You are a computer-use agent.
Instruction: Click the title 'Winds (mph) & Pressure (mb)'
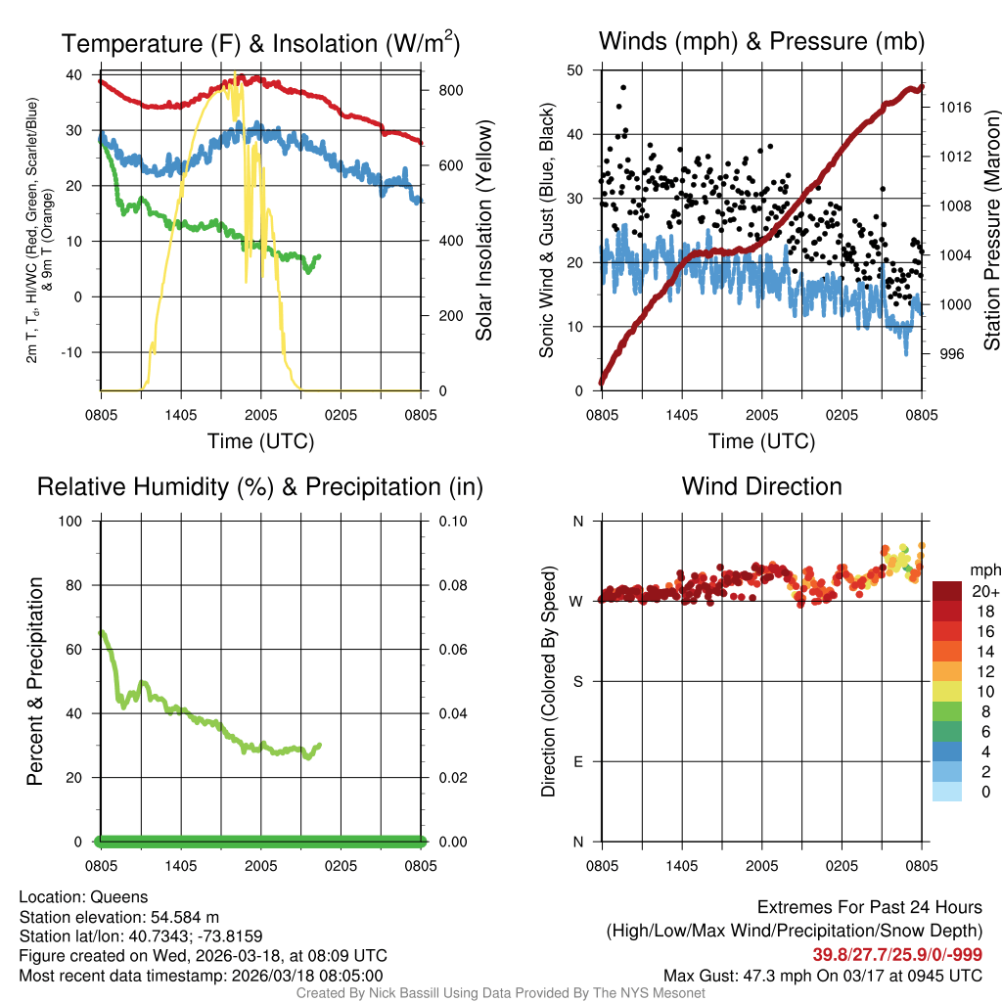tap(761, 41)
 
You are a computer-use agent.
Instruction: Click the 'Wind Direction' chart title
tap(761, 486)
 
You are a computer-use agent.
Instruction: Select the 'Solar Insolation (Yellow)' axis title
tap(483, 231)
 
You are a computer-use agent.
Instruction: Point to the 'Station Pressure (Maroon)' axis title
tap(990, 231)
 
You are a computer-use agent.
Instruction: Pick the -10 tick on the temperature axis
tap(76, 352)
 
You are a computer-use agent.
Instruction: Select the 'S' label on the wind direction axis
tap(578, 681)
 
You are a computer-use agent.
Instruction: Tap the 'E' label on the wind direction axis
tap(578, 761)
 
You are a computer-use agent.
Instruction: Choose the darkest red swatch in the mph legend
tap(946, 590)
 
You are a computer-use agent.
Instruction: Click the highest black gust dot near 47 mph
tap(623, 87)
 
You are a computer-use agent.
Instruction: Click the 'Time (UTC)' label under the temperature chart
tap(260, 441)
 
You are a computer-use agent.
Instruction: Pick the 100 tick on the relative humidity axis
tap(72, 521)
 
